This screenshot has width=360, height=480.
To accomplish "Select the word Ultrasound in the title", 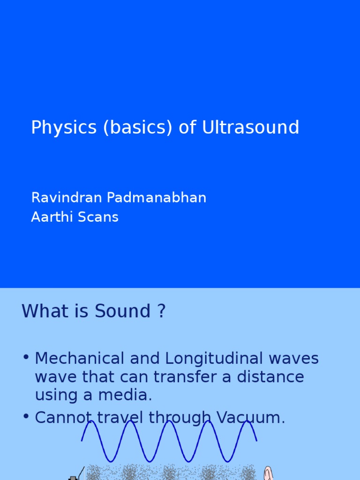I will pyautogui.click(x=250, y=127).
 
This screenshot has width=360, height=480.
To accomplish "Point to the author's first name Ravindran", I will pyautogui.click(x=67, y=198).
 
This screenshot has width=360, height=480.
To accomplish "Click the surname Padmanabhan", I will pyautogui.click(x=157, y=198).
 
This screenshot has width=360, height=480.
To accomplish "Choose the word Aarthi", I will pyautogui.click(x=49, y=217).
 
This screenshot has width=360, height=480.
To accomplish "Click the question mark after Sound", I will pyautogui.click(x=161, y=311).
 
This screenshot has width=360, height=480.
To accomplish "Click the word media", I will pyautogui.click(x=131, y=395).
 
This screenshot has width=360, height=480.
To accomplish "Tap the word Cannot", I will pyautogui.click(x=61, y=417).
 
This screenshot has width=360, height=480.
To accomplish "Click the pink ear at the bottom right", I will pyautogui.click(x=268, y=473).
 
